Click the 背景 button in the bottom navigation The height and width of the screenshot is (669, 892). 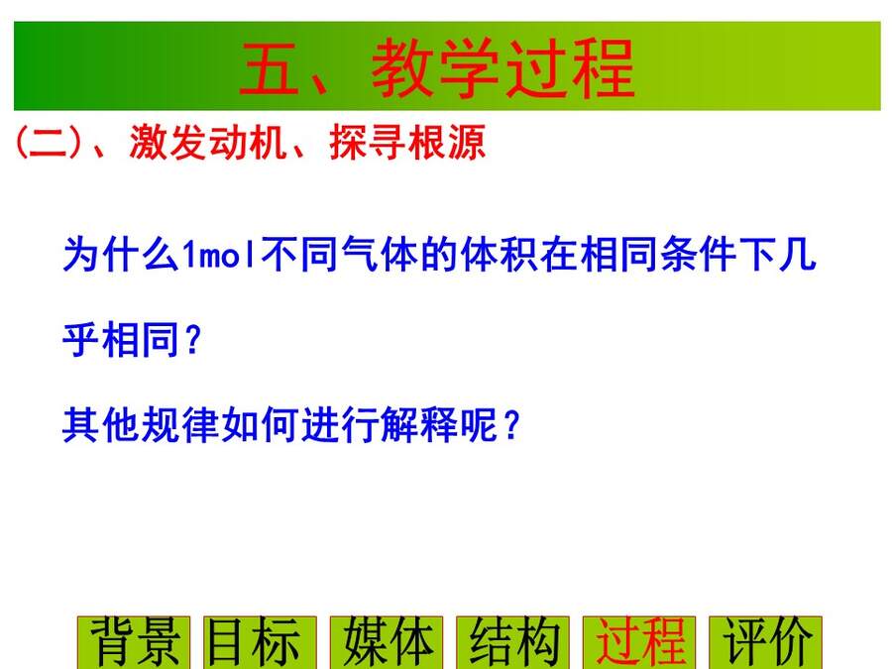coord(134,642)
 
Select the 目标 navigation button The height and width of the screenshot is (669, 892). coord(260,642)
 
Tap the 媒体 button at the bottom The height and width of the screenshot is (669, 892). coord(387,642)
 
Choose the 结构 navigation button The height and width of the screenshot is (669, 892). coord(512,642)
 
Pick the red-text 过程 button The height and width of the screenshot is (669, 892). coord(639,642)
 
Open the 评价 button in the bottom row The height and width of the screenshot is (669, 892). coord(766,642)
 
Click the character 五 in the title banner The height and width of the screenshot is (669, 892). coord(270,68)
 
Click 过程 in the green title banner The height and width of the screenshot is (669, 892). coord(570,68)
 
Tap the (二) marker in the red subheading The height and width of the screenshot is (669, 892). coord(49,142)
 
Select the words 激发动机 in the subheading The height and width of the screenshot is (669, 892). coord(208,142)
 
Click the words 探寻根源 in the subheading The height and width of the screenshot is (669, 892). coord(407,142)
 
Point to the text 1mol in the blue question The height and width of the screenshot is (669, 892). coord(218,254)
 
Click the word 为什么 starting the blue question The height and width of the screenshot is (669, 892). coord(121,254)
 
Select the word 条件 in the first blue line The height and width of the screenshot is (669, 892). coord(699,254)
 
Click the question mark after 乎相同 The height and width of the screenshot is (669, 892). coord(193,340)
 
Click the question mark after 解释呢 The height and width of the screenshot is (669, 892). coord(512,425)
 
